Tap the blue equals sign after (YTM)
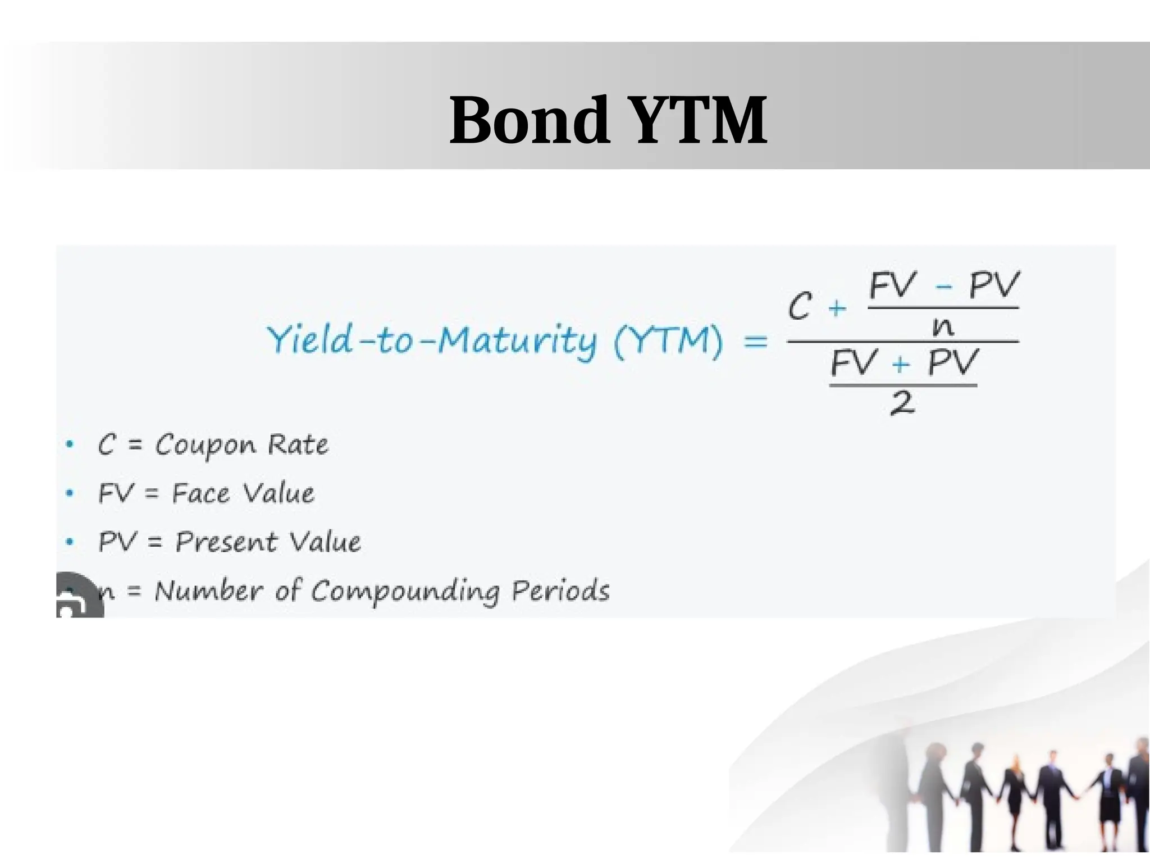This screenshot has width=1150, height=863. click(x=755, y=340)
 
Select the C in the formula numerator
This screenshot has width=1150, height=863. click(x=800, y=306)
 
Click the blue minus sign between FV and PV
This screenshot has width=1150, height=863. click(x=943, y=287)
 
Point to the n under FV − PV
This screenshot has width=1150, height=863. click(x=943, y=326)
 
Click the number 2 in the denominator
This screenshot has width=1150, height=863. click(x=902, y=403)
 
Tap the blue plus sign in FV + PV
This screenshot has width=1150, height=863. click(x=901, y=365)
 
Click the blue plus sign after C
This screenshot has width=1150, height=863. click(x=837, y=308)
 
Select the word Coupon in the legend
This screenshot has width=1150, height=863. click(x=206, y=446)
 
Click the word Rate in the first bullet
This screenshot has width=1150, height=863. click(x=298, y=445)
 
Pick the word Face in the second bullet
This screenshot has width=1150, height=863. click(x=200, y=494)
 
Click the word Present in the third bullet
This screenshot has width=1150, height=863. click(x=226, y=542)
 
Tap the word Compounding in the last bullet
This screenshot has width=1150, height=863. click(x=405, y=592)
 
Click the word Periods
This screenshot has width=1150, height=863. click(x=560, y=591)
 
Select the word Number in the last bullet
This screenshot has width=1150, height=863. click(x=208, y=591)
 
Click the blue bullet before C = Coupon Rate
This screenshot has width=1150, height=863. click(x=70, y=444)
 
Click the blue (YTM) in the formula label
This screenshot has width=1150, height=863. click(x=668, y=340)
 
